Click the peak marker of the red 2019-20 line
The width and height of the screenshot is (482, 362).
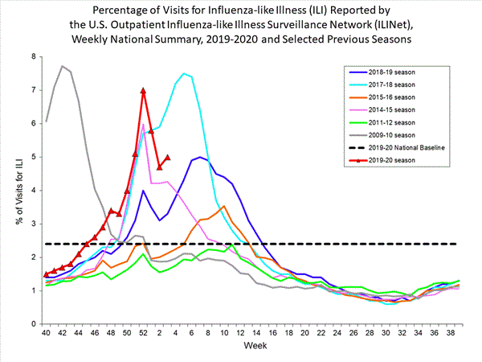[x=143, y=91]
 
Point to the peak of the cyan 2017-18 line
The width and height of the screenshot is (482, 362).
[x=184, y=73]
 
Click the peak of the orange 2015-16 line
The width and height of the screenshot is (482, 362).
[x=224, y=206]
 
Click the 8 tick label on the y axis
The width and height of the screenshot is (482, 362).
[x=34, y=56]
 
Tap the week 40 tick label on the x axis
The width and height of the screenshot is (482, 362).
[x=46, y=333]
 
